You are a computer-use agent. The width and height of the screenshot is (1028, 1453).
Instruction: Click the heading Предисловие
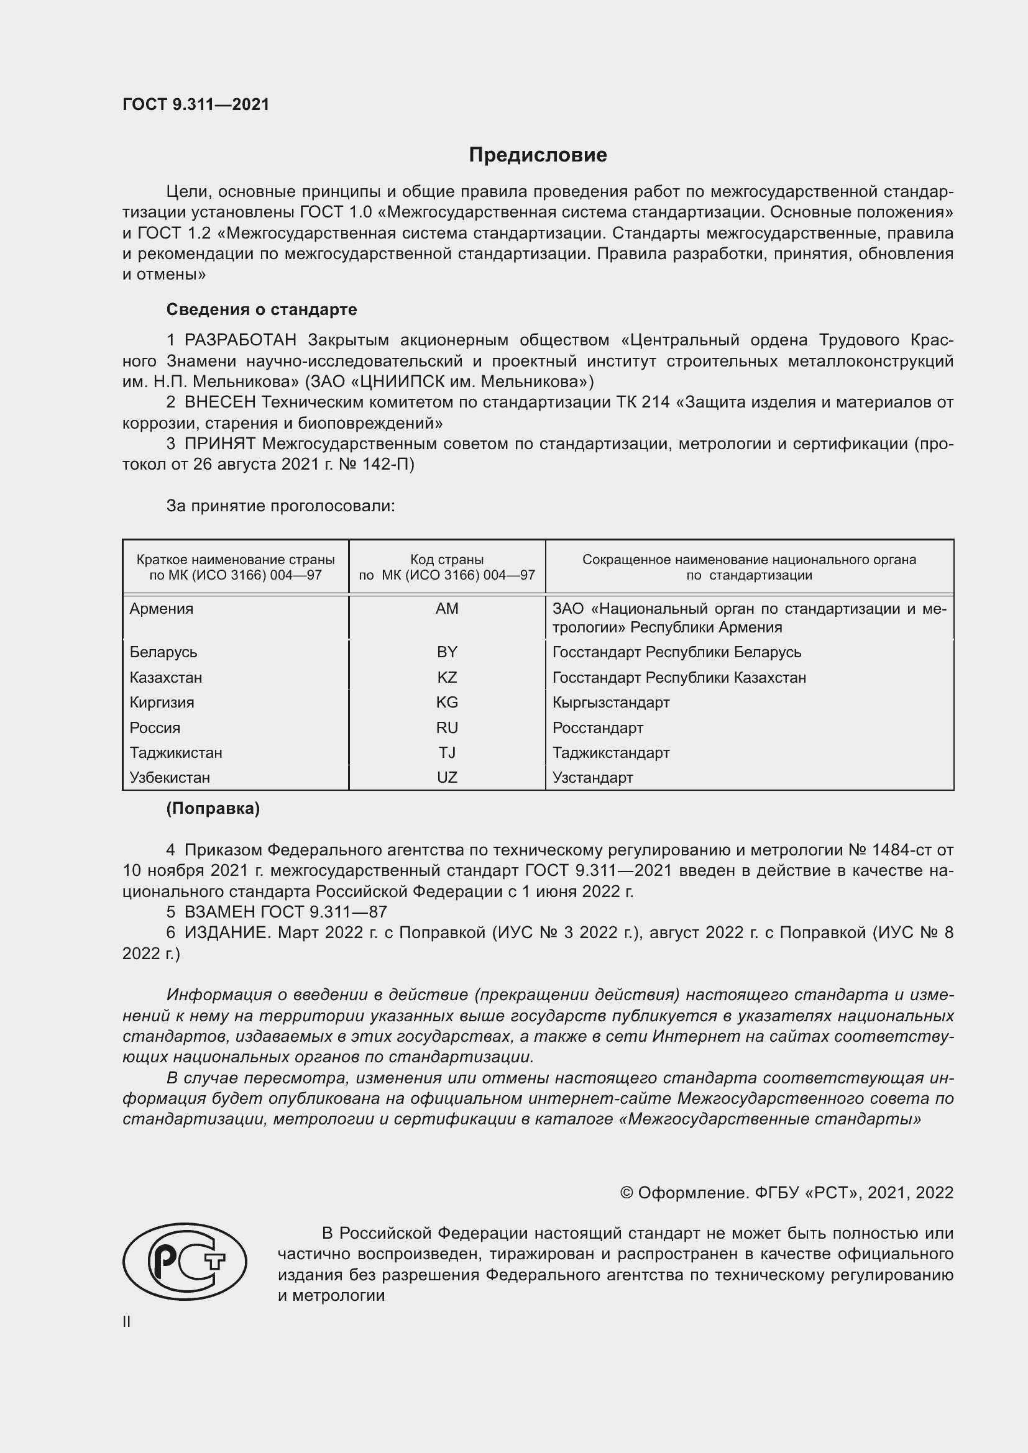(x=538, y=155)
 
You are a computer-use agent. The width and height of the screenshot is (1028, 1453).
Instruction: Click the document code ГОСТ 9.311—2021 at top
(x=196, y=104)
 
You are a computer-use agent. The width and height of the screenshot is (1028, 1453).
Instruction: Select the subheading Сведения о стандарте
(x=262, y=309)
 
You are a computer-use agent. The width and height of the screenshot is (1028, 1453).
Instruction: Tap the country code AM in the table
(x=447, y=609)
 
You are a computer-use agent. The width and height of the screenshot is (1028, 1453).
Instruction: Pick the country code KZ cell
(x=447, y=678)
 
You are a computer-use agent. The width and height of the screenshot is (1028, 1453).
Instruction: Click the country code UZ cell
(x=447, y=778)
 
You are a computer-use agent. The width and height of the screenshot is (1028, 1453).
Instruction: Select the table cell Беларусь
(x=163, y=652)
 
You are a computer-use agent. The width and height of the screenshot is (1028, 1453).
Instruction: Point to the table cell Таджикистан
(x=176, y=753)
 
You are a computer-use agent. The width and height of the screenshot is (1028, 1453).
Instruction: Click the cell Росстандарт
(x=597, y=728)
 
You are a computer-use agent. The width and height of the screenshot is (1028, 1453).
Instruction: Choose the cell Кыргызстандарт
(x=611, y=703)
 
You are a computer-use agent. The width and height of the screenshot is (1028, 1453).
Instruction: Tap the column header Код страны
(x=447, y=560)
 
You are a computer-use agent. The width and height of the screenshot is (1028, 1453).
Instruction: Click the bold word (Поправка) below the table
(x=213, y=809)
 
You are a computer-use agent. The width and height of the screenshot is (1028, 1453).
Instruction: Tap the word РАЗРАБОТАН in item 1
(x=240, y=340)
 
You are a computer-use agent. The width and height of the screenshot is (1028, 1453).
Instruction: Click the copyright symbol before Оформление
(x=626, y=1193)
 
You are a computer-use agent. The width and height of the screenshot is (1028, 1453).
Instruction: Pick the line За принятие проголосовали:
(x=280, y=506)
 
